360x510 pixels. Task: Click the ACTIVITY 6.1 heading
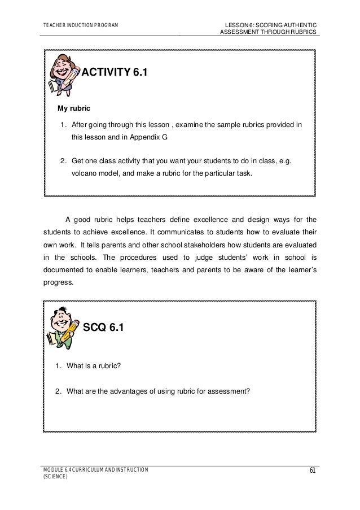pos(115,72)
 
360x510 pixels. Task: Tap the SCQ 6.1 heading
pos(103,327)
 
